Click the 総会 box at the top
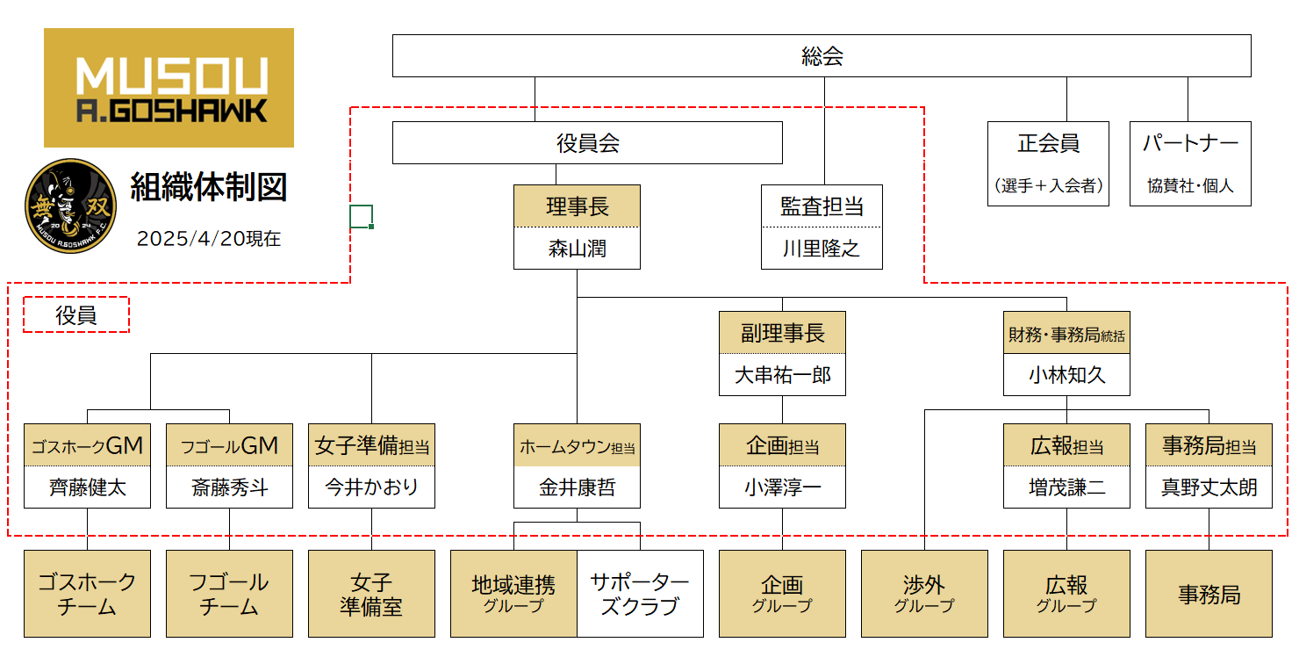(x=822, y=56)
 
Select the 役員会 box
(x=587, y=143)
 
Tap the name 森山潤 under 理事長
(x=577, y=249)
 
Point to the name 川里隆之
(x=822, y=249)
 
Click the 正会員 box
(x=1048, y=163)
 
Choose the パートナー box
(x=1190, y=163)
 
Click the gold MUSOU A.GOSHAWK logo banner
(x=169, y=88)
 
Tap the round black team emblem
(x=71, y=205)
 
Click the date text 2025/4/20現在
(x=209, y=239)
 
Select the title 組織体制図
(x=209, y=187)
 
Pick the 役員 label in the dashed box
(x=76, y=315)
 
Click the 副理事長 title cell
(x=782, y=333)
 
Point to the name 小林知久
(x=1066, y=375)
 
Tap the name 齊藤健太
(x=87, y=487)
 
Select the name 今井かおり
(x=371, y=487)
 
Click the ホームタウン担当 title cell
(x=577, y=446)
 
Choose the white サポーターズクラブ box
(x=640, y=594)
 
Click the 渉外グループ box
(x=924, y=594)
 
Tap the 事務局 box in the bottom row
(x=1209, y=594)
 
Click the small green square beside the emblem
(x=361, y=216)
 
